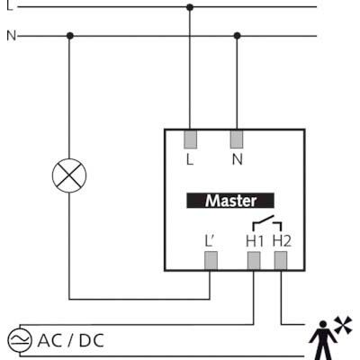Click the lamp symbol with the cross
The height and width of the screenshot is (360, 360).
(69, 175)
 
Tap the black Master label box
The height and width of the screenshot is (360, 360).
(230, 201)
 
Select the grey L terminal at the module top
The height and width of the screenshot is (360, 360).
(190, 139)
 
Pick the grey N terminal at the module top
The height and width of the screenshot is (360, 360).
(237, 139)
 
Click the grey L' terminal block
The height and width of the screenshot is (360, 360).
(211, 261)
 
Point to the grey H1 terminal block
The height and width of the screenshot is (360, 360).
(254, 261)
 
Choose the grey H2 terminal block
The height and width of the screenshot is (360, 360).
(281, 261)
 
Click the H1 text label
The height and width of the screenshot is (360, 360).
(255, 241)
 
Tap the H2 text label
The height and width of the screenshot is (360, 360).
(282, 241)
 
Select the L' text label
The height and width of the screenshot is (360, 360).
(209, 241)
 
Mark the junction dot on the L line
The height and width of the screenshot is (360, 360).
(190, 7)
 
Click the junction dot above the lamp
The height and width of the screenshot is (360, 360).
(70, 36)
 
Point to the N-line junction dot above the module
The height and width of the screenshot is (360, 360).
(237, 36)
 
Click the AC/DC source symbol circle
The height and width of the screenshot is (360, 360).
(19, 340)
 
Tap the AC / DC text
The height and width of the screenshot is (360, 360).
(71, 341)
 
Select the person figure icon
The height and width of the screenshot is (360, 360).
(323, 340)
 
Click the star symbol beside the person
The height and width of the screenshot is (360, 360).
(343, 325)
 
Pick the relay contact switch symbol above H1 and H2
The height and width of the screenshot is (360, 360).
(267, 222)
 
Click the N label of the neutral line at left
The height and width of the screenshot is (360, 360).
(11, 36)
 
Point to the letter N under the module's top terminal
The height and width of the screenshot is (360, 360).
(237, 159)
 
